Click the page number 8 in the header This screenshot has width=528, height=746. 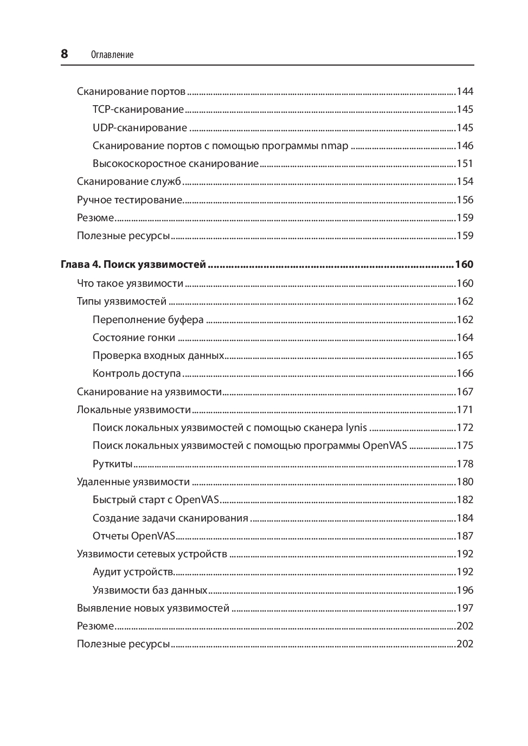(x=65, y=54)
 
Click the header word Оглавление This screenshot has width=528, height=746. (x=112, y=55)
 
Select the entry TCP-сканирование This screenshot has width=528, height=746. (x=138, y=110)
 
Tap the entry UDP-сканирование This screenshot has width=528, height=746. (x=140, y=128)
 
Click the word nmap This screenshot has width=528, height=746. (x=334, y=146)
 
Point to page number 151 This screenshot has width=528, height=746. (x=465, y=164)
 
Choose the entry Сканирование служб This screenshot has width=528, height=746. (x=129, y=182)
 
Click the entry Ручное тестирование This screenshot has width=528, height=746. (x=130, y=200)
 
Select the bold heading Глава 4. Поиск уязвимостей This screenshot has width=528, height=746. (x=133, y=265)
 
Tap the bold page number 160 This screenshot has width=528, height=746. (x=464, y=265)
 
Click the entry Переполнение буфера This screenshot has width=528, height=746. (x=148, y=320)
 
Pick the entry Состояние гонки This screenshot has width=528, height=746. (x=134, y=338)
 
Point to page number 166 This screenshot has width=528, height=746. (x=465, y=374)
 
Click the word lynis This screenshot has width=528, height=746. (x=356, y=428)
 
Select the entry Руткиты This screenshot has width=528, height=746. (x=113, y=464)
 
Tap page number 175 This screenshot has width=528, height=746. (x=465, y=446)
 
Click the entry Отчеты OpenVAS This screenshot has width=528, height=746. (x=134, y=536)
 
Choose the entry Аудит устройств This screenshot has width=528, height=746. (x=133, y=572)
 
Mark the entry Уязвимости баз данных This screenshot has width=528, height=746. (x=150, y=590)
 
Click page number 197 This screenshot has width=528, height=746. (x=465, y=608)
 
